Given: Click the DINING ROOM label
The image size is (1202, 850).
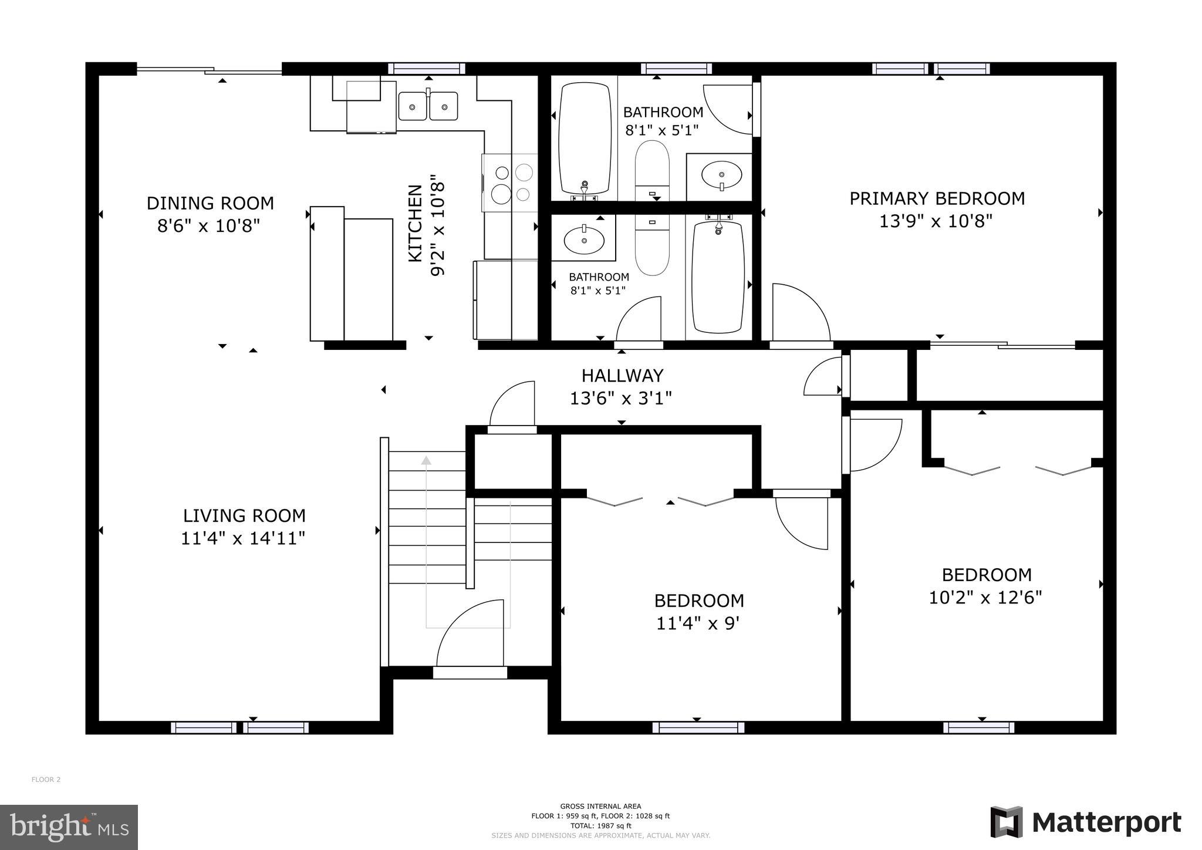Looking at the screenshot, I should click(x=210, y=203).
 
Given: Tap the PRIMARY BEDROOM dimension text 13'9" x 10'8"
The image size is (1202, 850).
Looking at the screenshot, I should click(x=936, y=221).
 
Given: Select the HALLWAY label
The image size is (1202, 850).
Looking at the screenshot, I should click(x=622, y=376).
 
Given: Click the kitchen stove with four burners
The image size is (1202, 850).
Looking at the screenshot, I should click(x=510, y=183).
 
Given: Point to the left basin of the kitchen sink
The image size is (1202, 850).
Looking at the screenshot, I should click(x=413, y=106).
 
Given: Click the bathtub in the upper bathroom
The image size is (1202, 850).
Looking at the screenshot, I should click(x=584, y=138).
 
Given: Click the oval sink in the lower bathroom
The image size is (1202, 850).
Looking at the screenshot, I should click(x=584, y=239).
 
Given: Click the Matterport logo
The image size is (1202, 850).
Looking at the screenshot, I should click(x=1086, y=822).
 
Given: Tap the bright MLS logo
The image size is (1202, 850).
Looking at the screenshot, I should click(x=69, y=828).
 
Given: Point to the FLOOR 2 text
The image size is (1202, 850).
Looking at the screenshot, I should click(x=46, y=780).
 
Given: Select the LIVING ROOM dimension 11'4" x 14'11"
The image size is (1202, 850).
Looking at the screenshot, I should click(x=242, y=538).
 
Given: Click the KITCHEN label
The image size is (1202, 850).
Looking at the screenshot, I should click(x=415, y=223).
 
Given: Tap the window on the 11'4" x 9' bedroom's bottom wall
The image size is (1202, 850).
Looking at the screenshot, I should click(x=698, y=728).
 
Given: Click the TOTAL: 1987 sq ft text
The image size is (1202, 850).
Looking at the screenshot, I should click(x=600, y=825).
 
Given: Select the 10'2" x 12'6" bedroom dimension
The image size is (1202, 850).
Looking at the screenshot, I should click(x=985, y=598).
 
